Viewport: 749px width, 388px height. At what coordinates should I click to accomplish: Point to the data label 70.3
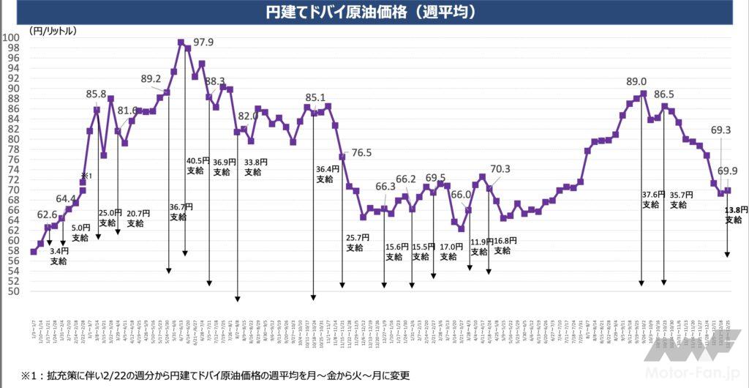pyautogui.click(x=500, y=169)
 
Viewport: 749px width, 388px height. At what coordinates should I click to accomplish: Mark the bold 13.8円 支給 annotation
pyautogui.click(x=734, y=214)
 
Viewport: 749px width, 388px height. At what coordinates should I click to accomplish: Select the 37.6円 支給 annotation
pyautogui.click(x=650, y=199)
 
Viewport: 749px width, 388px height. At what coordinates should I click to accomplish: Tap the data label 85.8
pyautogui.click(x=96, y=94)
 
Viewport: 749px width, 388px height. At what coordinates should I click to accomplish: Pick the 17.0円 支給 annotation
pyautogui.click(x=449, y=252)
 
